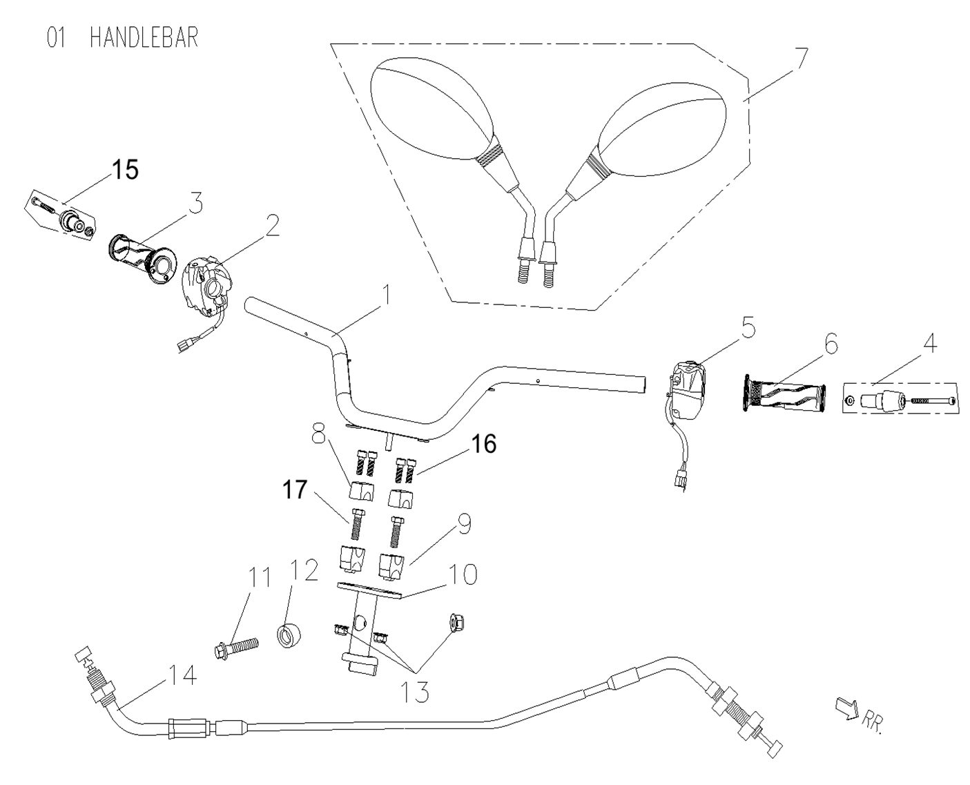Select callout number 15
125,170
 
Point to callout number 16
484,445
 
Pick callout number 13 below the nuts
413,690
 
